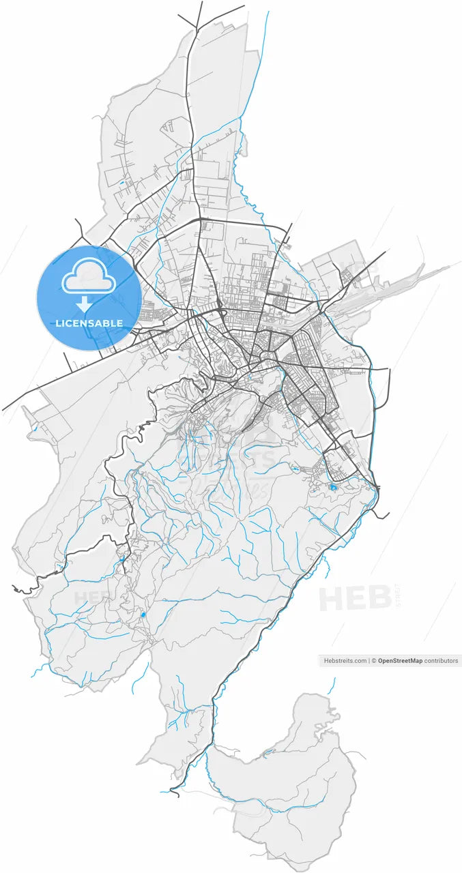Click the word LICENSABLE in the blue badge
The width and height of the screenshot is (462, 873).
click(x=89, y=323)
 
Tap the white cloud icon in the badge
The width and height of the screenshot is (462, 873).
click(x=89, y=276)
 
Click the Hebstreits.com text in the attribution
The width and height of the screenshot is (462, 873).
click(x=345, y=661)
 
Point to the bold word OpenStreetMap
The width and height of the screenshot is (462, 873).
click(x=400, y=661)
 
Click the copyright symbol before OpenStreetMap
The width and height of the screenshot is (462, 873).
click(x=374, y=661)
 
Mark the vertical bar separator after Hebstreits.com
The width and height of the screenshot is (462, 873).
click(x=369, y=661)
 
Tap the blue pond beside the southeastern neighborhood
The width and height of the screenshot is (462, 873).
click(x=332, y=487)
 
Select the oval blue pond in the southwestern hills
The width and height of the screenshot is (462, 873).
click(x=143, y=615)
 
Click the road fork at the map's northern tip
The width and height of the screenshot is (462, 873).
click(x=198, y=27)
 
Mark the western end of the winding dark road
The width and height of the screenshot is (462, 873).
click(x=14, y=587)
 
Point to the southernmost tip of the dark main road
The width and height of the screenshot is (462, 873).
click(x=171, y=794)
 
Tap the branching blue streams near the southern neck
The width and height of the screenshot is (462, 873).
click(x=181, y=716)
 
